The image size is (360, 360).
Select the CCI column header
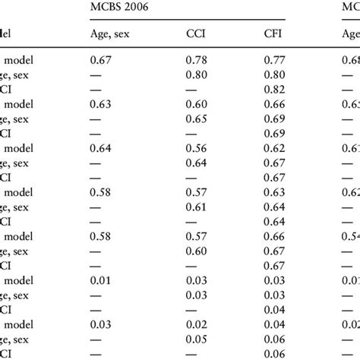(x=197, y=33)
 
